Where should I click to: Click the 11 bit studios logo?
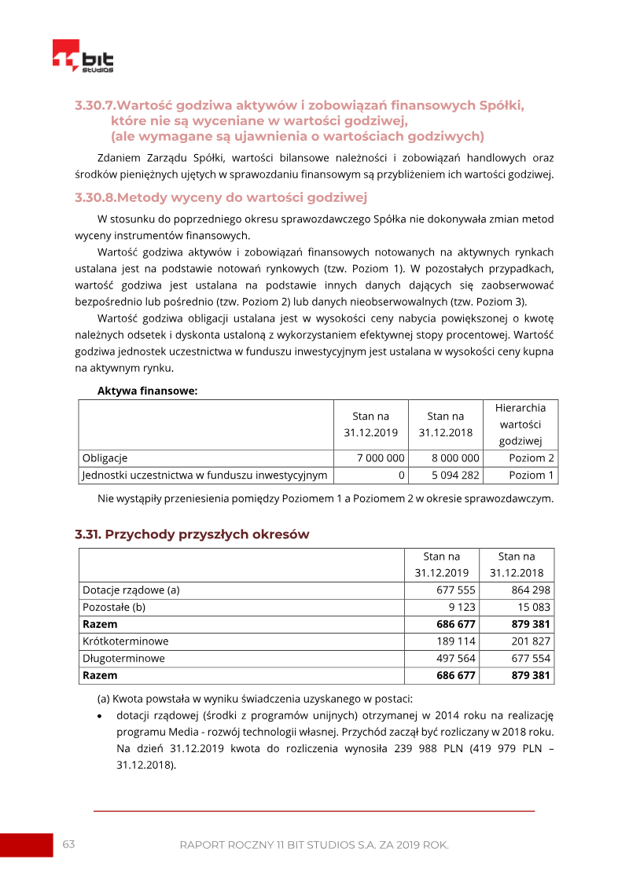coord(83,57)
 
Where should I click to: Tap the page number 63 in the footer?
coord(69,844)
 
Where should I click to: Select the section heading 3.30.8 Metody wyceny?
coord(221,197)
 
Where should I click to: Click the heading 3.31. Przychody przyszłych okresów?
coord(192,535)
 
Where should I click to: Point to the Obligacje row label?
coord(105,458)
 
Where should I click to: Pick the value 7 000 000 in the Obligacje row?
coord(381,458)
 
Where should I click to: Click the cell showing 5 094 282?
coord(455,476)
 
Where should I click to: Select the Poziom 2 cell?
coord(531,458)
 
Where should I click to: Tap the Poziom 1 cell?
coord(531,476)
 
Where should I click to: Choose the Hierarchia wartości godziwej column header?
coord(520,424)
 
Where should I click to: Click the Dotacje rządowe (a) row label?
coord(131,590)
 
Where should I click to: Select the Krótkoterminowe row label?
coord(125,641)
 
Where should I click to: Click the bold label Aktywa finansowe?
coord(147,391)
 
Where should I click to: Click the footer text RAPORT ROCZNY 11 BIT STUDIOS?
coord(314,845)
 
